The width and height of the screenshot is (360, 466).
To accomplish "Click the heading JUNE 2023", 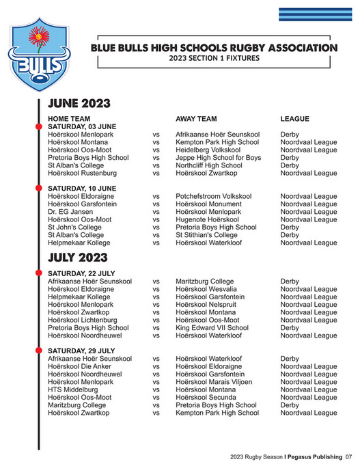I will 79,104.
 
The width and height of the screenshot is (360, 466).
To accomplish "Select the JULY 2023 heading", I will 77,258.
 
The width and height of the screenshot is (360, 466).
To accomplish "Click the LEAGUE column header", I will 295,119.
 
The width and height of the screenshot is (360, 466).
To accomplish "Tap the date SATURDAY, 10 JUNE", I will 82,188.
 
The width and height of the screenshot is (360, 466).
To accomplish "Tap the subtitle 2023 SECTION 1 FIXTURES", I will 214,58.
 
